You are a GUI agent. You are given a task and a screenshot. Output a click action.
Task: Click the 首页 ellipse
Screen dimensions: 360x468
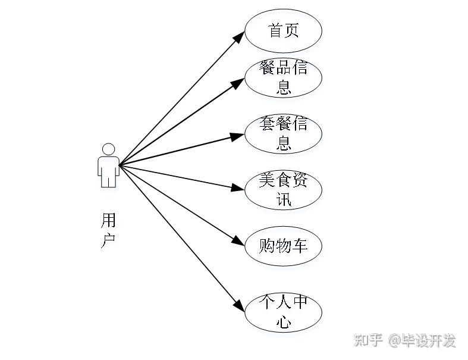283,30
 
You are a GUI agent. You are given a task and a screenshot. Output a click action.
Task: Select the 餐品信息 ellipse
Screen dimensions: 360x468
283,77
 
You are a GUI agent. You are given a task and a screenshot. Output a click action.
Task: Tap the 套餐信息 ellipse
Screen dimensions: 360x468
283,133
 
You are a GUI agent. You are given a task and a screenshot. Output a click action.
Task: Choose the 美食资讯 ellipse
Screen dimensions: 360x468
283,189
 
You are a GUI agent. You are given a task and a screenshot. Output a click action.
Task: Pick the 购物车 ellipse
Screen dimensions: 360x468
283,245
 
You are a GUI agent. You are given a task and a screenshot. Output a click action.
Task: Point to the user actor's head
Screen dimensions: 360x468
108,149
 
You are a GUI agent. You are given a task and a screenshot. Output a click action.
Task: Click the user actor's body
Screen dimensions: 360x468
108,171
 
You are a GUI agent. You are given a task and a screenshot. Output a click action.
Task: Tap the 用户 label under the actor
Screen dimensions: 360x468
108,231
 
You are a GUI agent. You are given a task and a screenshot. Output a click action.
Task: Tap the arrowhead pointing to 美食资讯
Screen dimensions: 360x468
237,189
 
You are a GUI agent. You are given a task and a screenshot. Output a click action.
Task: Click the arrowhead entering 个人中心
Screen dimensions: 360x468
238,307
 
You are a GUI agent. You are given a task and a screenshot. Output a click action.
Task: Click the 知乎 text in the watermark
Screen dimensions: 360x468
368,340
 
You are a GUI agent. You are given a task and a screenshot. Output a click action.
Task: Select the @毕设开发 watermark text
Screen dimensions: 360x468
422,340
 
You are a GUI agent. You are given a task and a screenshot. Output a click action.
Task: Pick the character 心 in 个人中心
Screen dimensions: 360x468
284,322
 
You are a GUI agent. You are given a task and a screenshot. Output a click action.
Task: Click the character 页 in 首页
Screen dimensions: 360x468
291,30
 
